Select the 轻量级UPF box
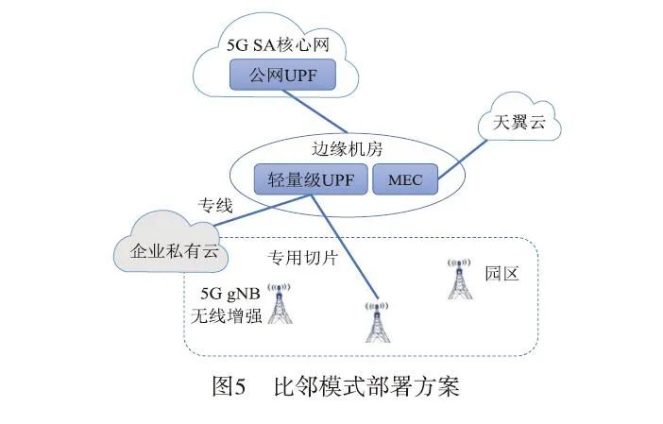coord(311,178)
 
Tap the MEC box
coord(405,179)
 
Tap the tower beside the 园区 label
coord(458,280)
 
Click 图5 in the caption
coord(229,387)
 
